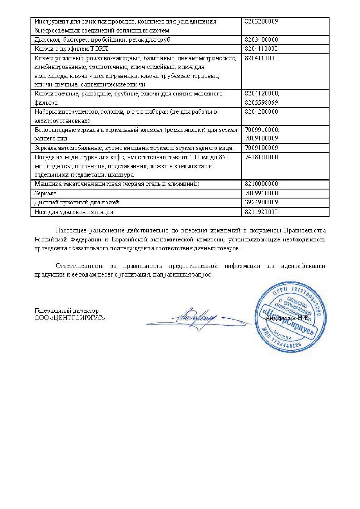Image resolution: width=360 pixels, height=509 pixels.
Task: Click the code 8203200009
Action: click(x=261, y=21)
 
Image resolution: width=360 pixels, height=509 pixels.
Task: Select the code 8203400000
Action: click(x=261, y=39)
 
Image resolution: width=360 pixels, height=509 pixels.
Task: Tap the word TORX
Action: click(x=99, y=49)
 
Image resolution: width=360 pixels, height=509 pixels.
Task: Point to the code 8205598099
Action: click(x=261, y=102)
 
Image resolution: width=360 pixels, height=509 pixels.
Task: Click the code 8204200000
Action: click(x=261, y=112)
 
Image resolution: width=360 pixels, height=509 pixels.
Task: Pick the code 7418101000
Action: click(x=261, y=157)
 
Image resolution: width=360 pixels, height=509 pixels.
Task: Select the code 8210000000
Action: click(x=261, y=184)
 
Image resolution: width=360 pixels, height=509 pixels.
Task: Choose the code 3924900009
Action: click(x=261, y=202)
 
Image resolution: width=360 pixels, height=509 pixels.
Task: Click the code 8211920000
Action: click(x=261, y=212)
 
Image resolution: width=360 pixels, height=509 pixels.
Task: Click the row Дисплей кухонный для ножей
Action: click(x=77, y=202)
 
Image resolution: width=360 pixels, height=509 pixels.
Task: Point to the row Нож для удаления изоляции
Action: click(x=74, y=212)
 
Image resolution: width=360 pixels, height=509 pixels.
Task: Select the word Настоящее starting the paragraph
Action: click(x=71, y=231)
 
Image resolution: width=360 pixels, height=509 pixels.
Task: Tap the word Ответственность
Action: click(x=80, y=266)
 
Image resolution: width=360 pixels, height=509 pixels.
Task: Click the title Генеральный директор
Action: click(x=66, y=311)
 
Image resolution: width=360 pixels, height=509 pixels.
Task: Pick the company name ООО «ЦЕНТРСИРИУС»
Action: click(x=70, y=318)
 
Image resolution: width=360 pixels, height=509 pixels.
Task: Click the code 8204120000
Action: click(x=262, y=94)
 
